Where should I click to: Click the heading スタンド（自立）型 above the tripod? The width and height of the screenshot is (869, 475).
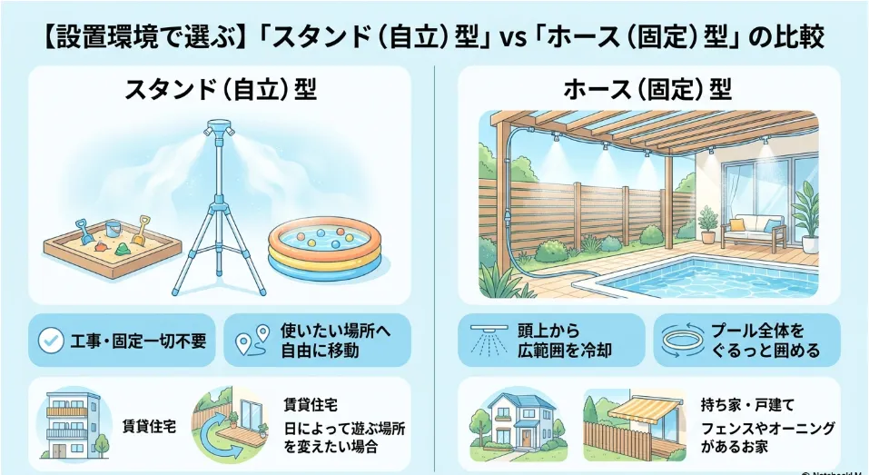[220, 90]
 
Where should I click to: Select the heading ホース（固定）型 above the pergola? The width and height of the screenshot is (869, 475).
[647, 90]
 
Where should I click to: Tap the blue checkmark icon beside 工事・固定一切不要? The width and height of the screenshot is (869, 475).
[51, 341]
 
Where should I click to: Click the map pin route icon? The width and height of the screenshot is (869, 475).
[252, 340]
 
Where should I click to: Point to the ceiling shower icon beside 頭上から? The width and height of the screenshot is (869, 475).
[489, 339]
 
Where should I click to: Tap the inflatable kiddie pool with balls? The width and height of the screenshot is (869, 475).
[325, 248]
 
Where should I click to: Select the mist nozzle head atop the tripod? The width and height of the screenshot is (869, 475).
[220, 129]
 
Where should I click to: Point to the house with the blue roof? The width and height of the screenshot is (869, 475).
[514, 421]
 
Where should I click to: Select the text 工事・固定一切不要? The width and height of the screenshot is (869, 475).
[138, 341]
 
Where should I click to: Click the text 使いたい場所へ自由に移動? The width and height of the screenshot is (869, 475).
[336, 341]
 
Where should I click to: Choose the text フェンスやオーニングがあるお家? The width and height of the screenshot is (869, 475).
[767, 438]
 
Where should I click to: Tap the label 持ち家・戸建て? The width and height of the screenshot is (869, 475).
[747, 405]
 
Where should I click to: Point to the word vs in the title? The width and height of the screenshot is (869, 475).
[513, 39]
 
